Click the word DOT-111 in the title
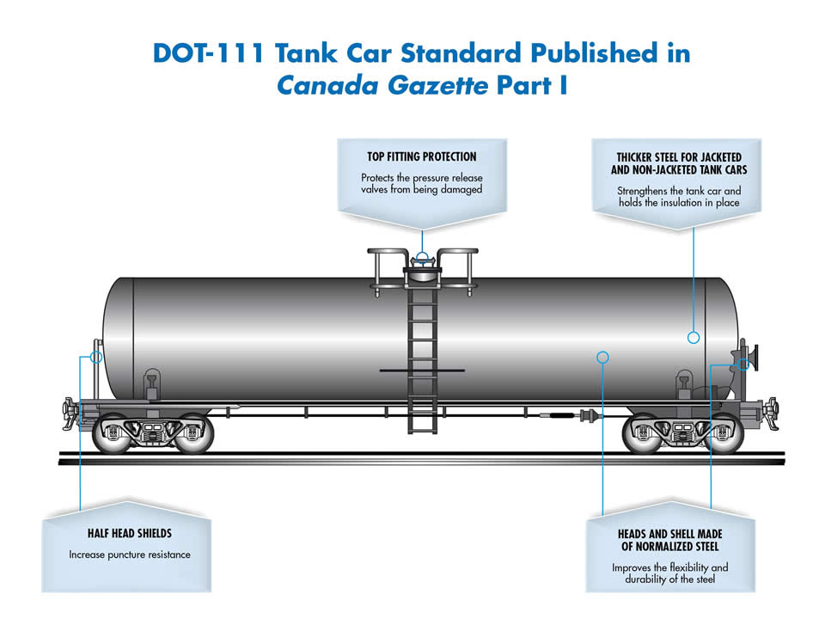(208, 53)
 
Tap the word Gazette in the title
(437, 85)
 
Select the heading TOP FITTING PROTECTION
(422, 156)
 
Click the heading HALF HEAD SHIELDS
(130, 533)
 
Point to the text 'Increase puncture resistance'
(130, 555)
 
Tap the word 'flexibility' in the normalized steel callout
(688, 567)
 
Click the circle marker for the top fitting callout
(422, 258)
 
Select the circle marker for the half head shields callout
(95, 357)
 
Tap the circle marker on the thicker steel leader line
(694, 337)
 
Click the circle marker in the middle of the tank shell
(603, 358)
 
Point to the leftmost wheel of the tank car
(113, 432)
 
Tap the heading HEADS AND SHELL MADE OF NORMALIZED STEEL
(669, 540)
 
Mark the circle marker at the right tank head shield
(743, 364)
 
